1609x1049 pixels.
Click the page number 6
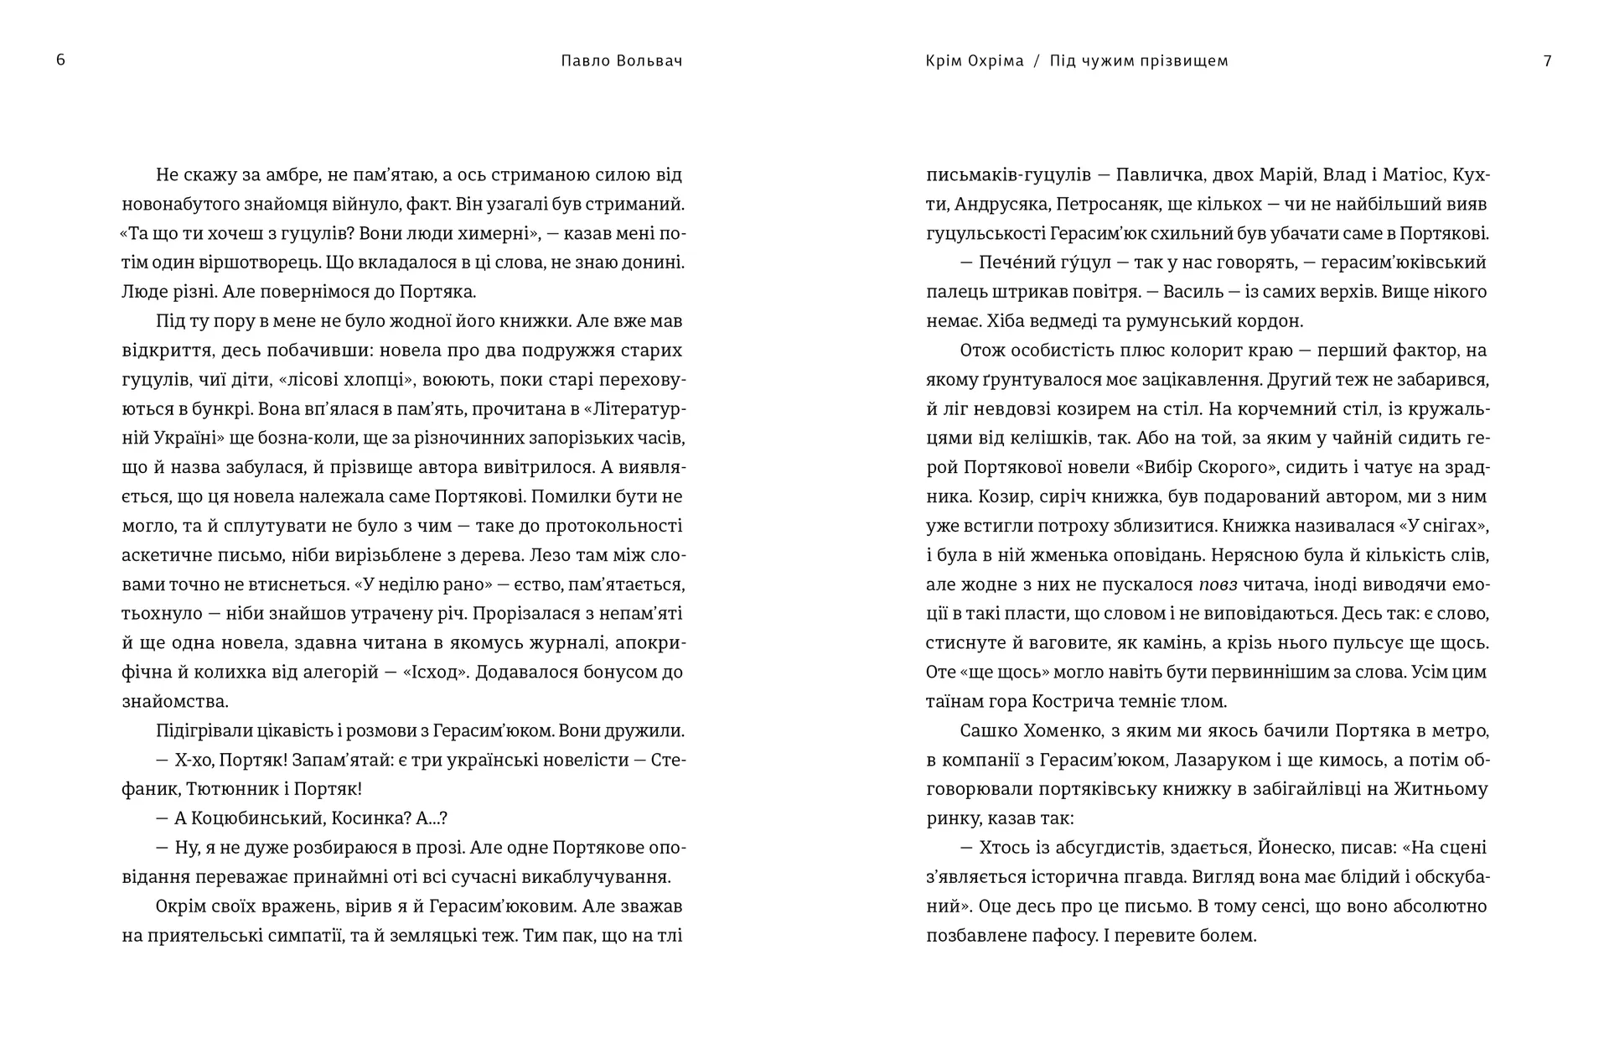tap(60, 60)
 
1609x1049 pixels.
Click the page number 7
tap(1547, 61)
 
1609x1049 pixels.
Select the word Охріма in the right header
tap(996, 61)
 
